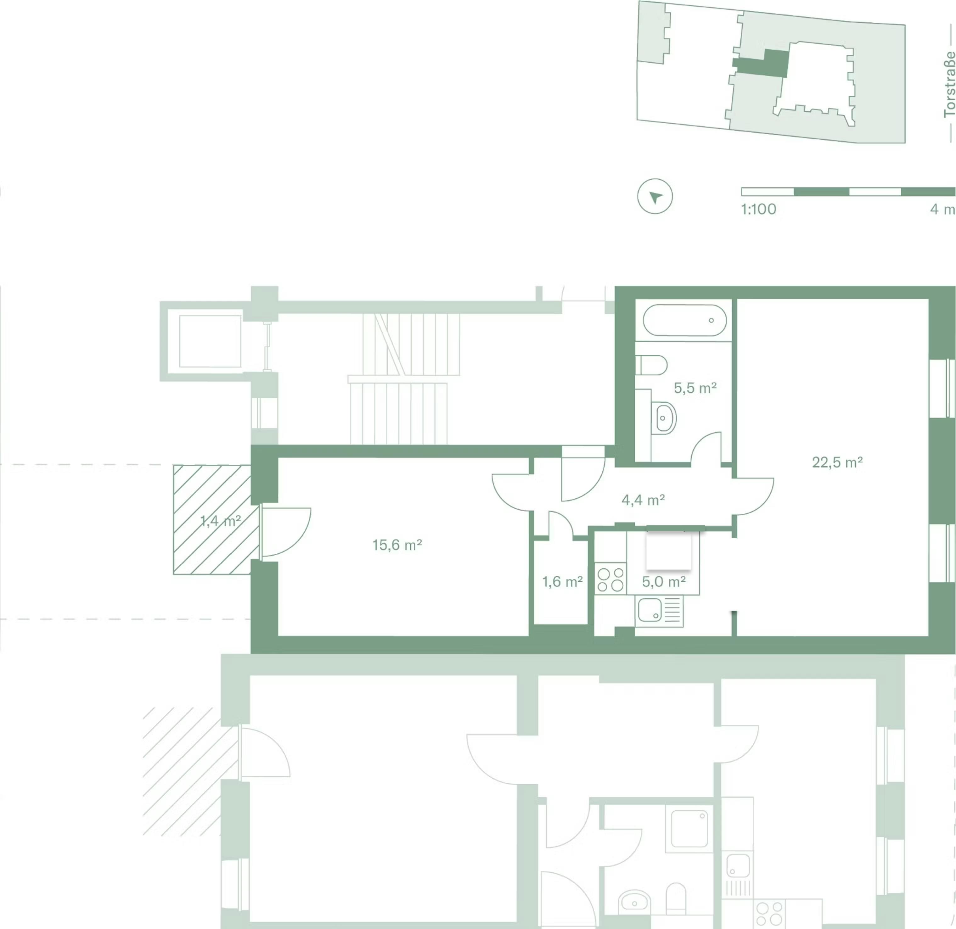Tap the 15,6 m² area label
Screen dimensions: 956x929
(397, 545)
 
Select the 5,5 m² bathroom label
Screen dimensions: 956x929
(695, 388)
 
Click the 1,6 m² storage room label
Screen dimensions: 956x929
(563, 582)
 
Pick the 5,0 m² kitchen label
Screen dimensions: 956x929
(664, 582)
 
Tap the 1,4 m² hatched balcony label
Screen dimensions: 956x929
(221, 521)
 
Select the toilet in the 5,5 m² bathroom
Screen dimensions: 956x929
(651, 365)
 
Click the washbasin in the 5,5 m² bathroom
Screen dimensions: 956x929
(664, 418)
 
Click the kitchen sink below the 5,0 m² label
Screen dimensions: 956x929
(659, 611)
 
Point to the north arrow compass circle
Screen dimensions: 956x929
(655, 196)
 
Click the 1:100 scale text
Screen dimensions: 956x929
(758, 209)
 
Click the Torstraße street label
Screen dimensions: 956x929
(949, 84)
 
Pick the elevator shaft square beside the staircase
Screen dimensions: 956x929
(210, 341)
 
